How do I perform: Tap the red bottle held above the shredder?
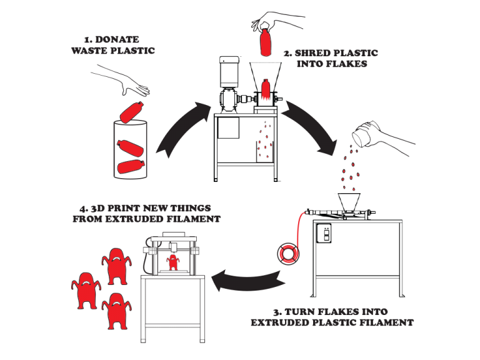[266, 41]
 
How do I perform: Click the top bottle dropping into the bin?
[132, 111]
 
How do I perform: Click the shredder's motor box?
[229, 72]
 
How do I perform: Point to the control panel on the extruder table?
[324, 235]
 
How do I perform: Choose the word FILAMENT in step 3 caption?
[387, 323]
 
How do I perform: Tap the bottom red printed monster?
[115, 310]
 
